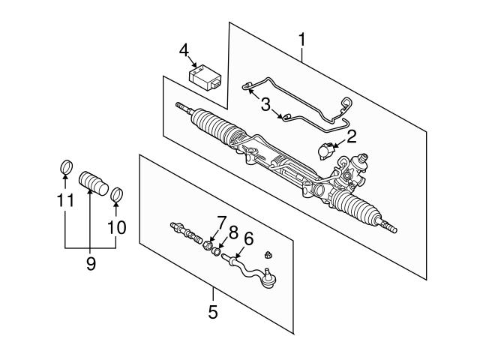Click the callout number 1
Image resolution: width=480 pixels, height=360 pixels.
click(x=301, y=40)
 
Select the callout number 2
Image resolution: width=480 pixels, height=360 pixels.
click(x=352, y=136)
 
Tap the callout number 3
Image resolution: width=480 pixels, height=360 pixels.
click(x=265, y=104)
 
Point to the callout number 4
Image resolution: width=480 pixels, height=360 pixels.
click(x=184, y=50)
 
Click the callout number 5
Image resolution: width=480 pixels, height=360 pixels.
click(x=213, y=312)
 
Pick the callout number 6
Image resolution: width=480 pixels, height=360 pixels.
click(x=248, y=238)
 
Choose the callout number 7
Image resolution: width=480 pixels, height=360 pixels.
click(x=221, y=223)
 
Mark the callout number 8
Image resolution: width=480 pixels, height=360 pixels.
click(x=233, y=233)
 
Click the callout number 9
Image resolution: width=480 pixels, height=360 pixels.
click(x=91, y=263)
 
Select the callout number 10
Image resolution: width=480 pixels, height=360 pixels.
click(x=117, y=228)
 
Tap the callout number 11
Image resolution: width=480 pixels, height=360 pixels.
click(x=65, y=200)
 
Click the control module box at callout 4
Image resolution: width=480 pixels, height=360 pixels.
click(x=205, y=78)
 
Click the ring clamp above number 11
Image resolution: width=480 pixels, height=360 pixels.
click(x=66, y=166)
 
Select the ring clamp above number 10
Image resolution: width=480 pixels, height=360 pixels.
click(x=116, y=195)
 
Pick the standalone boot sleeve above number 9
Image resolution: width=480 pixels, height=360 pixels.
click(x=93, y=183)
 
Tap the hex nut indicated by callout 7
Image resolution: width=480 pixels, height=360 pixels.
click(x=208, y=245)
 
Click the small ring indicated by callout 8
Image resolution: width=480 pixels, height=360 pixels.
click(x=217, y=252)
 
